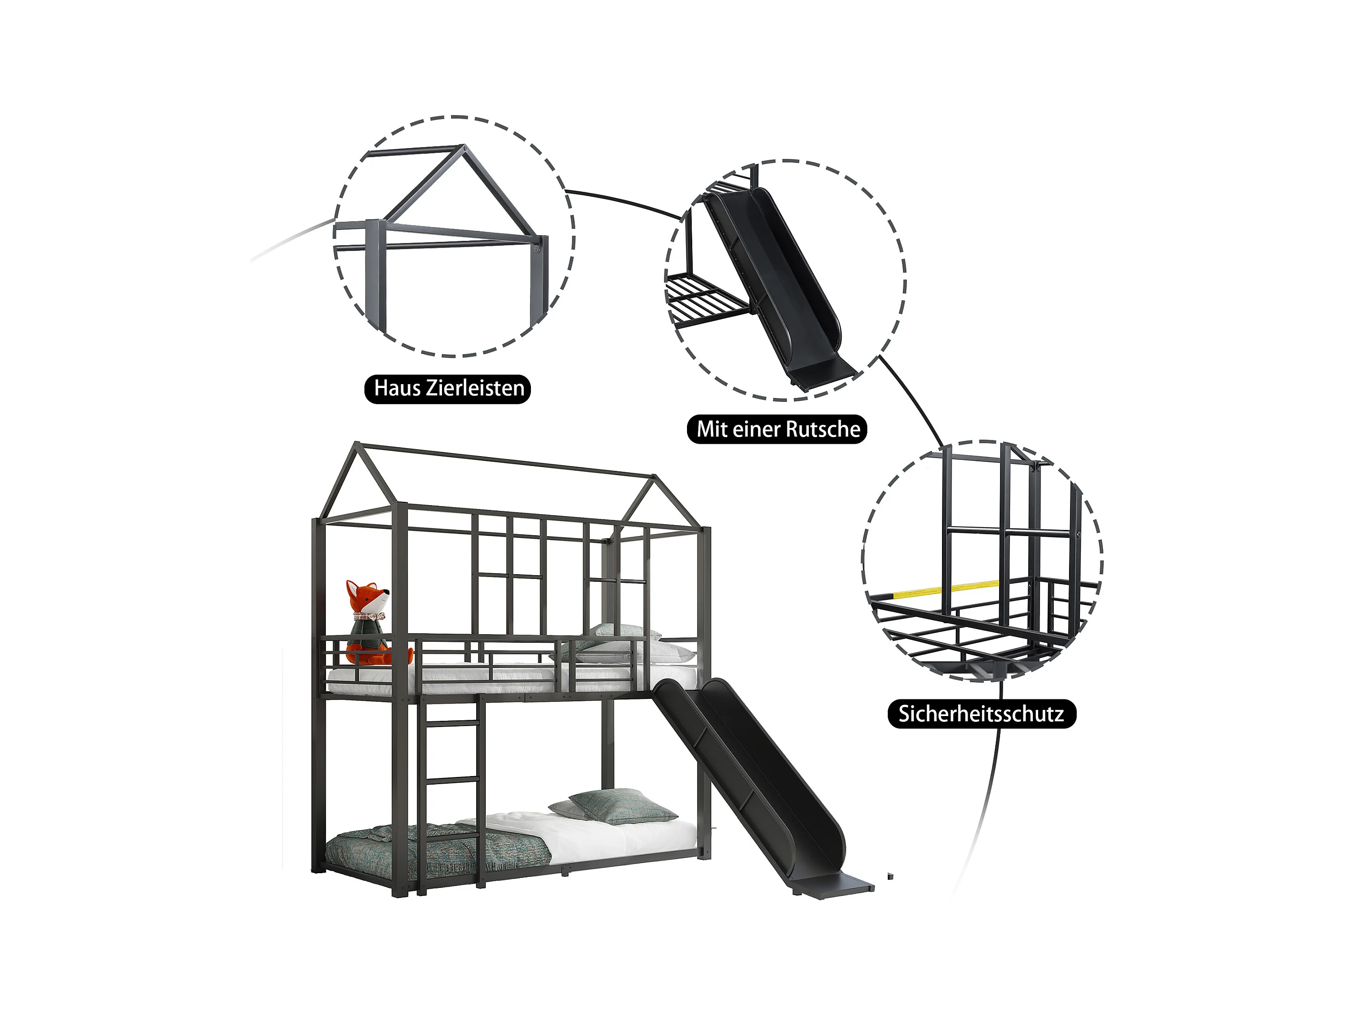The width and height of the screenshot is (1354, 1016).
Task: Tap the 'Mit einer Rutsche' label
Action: click(x=777, y=428)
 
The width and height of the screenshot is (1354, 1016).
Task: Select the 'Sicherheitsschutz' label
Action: click(x=981, y=714)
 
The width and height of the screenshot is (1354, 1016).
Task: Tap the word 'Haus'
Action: click(x=397, y=388)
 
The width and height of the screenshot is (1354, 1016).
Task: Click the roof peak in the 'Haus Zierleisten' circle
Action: click(x=464, y=147)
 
